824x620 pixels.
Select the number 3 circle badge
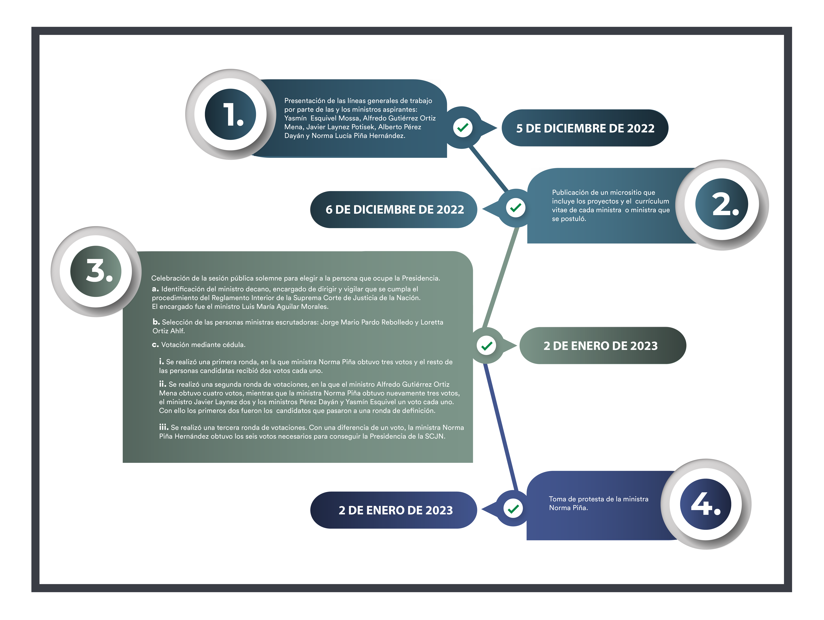(x=96, y=271)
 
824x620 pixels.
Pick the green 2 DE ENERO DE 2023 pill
(x=603, y=346)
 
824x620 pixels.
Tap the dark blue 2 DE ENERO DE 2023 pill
(x=394, y=510)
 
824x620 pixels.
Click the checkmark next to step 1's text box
(x=463, y=128)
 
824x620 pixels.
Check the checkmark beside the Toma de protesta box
(x=513, y=508)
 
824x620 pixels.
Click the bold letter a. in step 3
(x=155, y=289)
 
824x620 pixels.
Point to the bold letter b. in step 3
(x=156, y=322)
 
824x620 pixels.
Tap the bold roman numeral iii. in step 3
(x=164, y=427)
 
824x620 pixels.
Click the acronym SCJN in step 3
(x=434, y=436)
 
